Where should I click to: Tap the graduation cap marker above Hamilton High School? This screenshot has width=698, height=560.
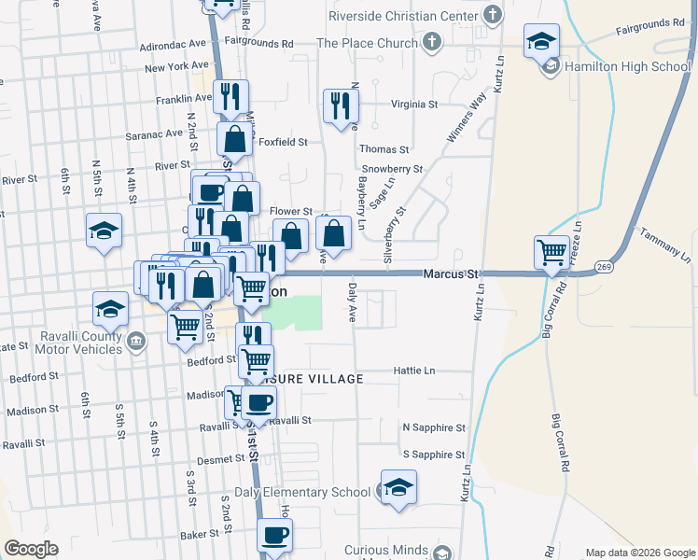pyautogui.click(x=541, y=42)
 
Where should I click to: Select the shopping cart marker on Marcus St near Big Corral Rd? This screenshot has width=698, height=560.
pyautogui.click(x=551, y=252)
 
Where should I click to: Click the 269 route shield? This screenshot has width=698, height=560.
pyautogui.click(x=605, y=266)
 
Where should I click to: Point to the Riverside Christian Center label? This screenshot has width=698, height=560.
pyautogui.click(x=404, y=15)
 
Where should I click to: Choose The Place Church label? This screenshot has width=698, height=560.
pyautogui.click(x=367, y=43)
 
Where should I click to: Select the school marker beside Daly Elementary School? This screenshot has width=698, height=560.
pyautogui.click(x=398, y=488)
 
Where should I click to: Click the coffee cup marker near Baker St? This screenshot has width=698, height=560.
pyautogui.click(x=274, y=537)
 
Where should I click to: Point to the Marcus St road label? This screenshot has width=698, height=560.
pyautogui.click(x=450, y=273)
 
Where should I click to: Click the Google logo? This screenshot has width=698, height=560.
pyautogui.click(x=31, y=549)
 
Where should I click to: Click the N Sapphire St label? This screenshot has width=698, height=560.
pyautogui.click(x=433, y=427)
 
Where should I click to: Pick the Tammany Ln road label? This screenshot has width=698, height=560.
pyautogui.click(x=665, y=245)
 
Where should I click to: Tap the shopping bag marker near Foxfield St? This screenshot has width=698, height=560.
pyautogui.click(x=236, y=140)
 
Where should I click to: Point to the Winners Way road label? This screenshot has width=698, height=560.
pyautogui.click(x=467, y=119)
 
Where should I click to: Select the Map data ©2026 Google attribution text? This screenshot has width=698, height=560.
pyautogui.click(x=638, y=553)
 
